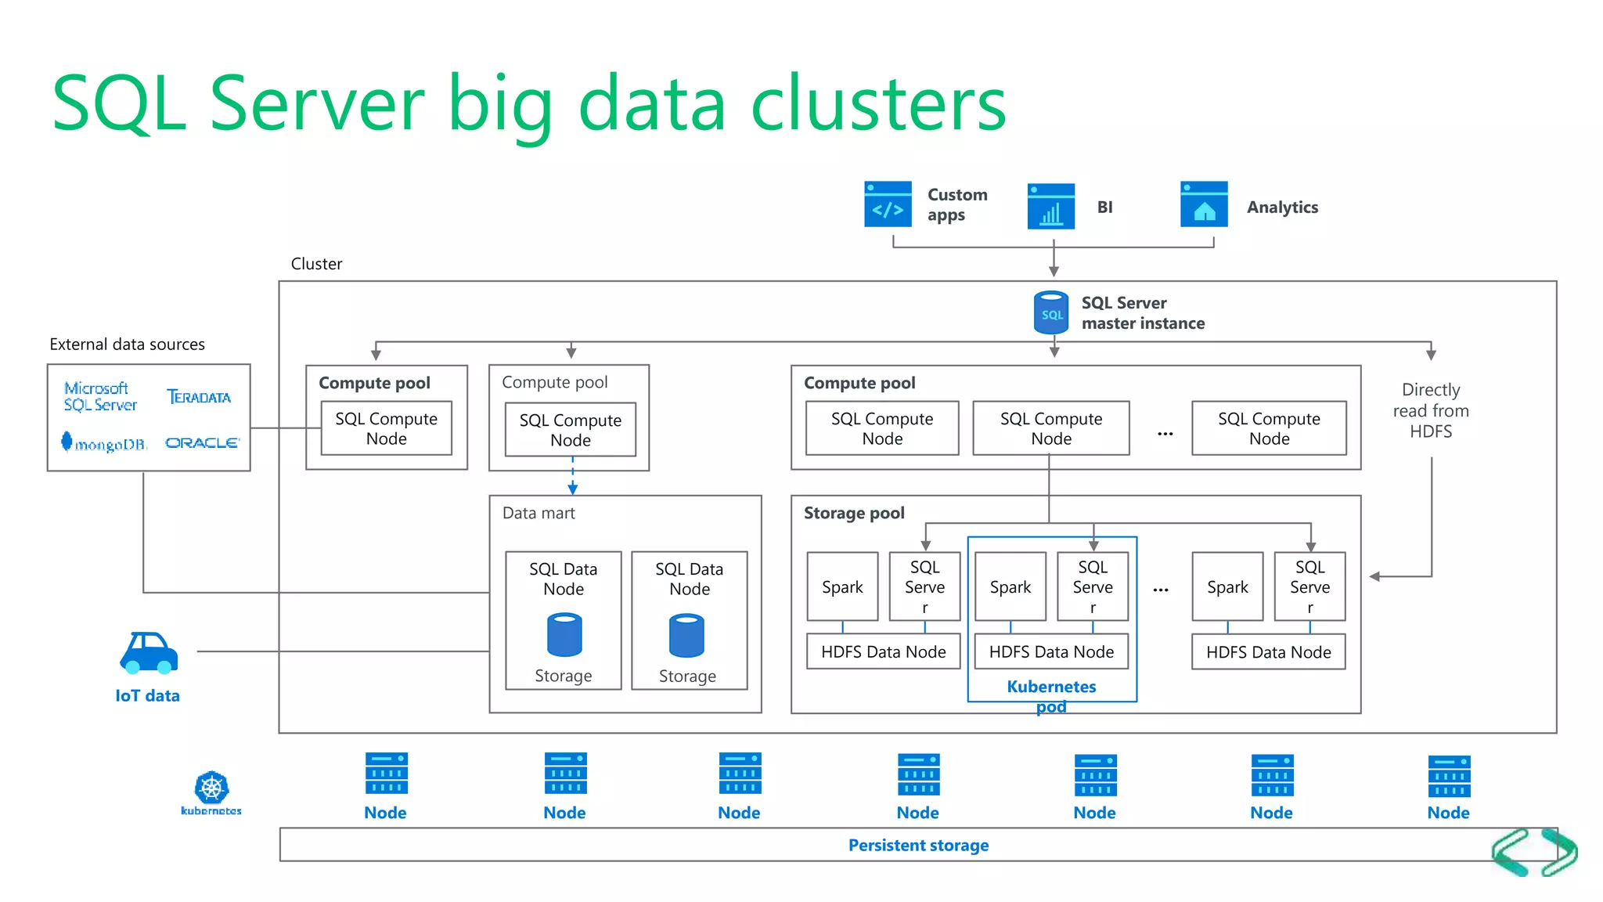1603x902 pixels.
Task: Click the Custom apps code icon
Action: coord(888,204)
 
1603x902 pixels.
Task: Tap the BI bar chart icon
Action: coord(1050,207)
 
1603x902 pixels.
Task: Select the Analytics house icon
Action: coord(1204,204)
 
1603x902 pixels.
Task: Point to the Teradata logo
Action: coord(199,397)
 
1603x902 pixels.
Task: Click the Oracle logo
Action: coord(202,443)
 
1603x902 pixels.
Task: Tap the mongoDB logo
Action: coord(105,443)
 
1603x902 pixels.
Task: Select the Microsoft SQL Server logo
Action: coord(100,396)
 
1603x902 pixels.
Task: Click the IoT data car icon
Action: coord(149,653)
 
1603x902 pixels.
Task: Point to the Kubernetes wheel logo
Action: coord(211,788)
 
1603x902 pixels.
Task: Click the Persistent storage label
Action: coord(918,845)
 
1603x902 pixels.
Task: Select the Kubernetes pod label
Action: coord(1051,696)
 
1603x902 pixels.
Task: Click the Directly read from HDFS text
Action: coord(1431,410)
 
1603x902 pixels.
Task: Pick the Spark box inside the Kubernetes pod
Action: coord(1010,586)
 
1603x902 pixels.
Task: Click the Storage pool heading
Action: coord(854,513)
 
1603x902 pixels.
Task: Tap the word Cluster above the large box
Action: coord(316,264)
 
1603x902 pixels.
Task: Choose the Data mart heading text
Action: coord(539,513)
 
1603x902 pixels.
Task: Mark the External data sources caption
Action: coord(127,345)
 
